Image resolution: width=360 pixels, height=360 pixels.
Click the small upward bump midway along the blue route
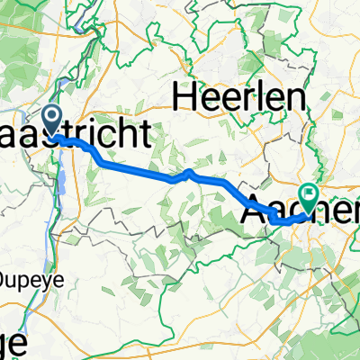[x=191, y=172]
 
